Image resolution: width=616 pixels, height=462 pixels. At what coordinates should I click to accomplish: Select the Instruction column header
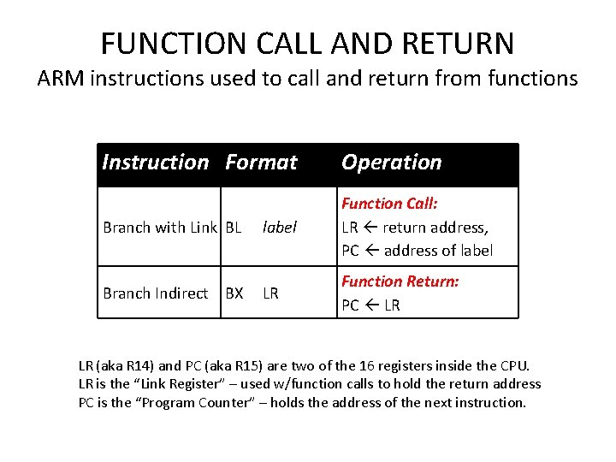[x=155, y=162]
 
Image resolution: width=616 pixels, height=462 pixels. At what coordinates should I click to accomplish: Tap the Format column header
[x=261, y=162]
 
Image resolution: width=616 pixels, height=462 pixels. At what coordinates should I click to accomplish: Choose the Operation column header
[x=391, y=162]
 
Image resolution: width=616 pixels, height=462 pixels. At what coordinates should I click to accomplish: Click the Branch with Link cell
[x=160, y=228]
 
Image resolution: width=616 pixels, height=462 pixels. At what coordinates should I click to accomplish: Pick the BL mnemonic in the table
[x=234, y=228]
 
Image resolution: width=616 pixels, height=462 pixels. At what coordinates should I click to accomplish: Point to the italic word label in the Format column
[x=279, y=228]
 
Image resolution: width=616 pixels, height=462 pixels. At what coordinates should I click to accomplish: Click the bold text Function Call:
[x=389, y=204]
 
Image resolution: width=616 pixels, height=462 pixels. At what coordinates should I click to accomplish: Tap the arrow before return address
[x=370, y=228]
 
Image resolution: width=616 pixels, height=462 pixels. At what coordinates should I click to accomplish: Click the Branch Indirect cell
[x=155, y=293]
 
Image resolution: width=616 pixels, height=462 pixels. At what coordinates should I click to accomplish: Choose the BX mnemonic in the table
[x=234, y=293]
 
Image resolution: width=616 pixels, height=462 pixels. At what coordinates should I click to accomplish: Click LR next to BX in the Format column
[x=270, y=293]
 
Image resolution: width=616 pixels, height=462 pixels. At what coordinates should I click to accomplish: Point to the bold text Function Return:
[x=400, y=281]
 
